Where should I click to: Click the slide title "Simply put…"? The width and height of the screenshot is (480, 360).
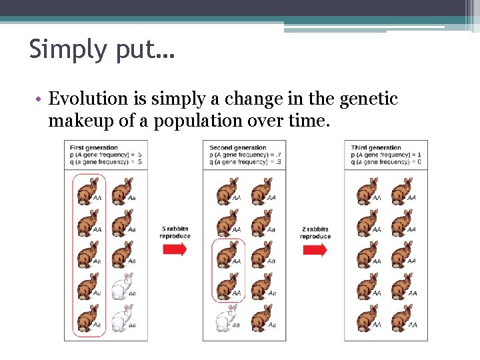point(101,49)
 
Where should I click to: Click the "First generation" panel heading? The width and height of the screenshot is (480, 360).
point(93,147)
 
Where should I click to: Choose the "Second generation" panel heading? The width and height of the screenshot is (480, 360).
point(237,147)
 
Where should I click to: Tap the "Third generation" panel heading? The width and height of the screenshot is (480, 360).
point(376,147)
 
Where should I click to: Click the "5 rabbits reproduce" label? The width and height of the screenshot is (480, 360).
point(175,232)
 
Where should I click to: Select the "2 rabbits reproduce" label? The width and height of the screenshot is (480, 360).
point(315,232)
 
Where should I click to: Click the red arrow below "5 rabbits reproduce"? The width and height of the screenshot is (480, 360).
point(175,249)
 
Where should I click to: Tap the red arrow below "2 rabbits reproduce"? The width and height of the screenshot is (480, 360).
point(315,249)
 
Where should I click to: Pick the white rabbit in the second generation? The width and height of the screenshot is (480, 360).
point(226,319)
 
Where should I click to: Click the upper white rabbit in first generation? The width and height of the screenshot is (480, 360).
point(121,287)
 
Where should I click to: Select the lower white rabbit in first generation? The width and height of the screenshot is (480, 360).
point(121,319)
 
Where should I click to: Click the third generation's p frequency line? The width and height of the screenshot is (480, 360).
point(385,154)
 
